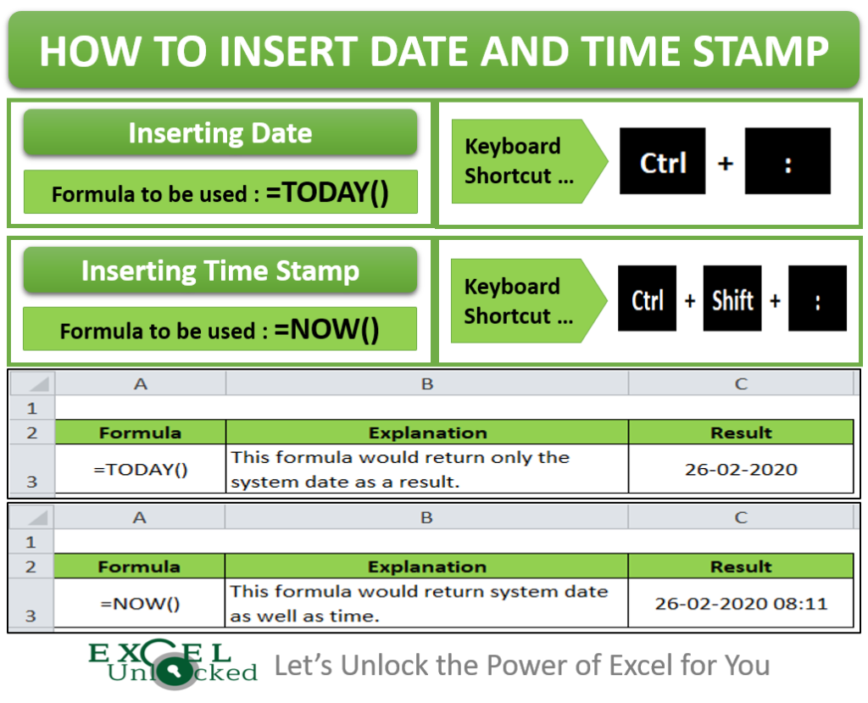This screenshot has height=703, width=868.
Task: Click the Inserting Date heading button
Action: pyautogui.click(x=220, y=133)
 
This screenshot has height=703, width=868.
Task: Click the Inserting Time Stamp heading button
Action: pyautogui.click(x=220, y=271)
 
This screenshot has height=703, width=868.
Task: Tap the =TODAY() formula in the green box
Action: pyautogui.click(x=327, y=193)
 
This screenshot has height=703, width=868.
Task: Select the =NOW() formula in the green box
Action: pyautogui.click(x=327, y=330)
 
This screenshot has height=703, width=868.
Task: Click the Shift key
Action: pyautogui.click(x=732, y=299)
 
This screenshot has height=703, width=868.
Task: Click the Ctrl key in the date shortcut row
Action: pyautogui.click(x=663, y=162)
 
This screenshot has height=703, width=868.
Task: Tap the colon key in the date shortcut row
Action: pyautogui.click(x=787, y=162)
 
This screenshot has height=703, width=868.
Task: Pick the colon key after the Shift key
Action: pyautogui.click(x=817, y=299)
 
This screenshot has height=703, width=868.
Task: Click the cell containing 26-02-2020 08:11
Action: pyautogui.click(x=741, y=604)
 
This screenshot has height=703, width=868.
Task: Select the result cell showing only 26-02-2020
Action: pyautogui.click(x=741, y=469)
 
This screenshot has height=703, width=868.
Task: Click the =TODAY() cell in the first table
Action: pyautogui.click(x=141, y=469)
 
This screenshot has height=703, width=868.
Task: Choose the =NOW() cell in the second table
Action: pyautogui.click(x=140, y=604)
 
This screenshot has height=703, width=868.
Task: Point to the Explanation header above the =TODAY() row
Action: pyautogui.click(x=427, y=432)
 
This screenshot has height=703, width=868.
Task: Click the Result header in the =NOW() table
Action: pyautogui.click(x=741, y=566)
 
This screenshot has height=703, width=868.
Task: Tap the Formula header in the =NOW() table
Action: pyautogui.click(x=140, y=566)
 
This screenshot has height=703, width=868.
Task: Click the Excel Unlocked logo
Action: pyautogui.click(x=173, y=664)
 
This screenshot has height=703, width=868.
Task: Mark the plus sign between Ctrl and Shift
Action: pyautogui.click(x=690, y=300)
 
